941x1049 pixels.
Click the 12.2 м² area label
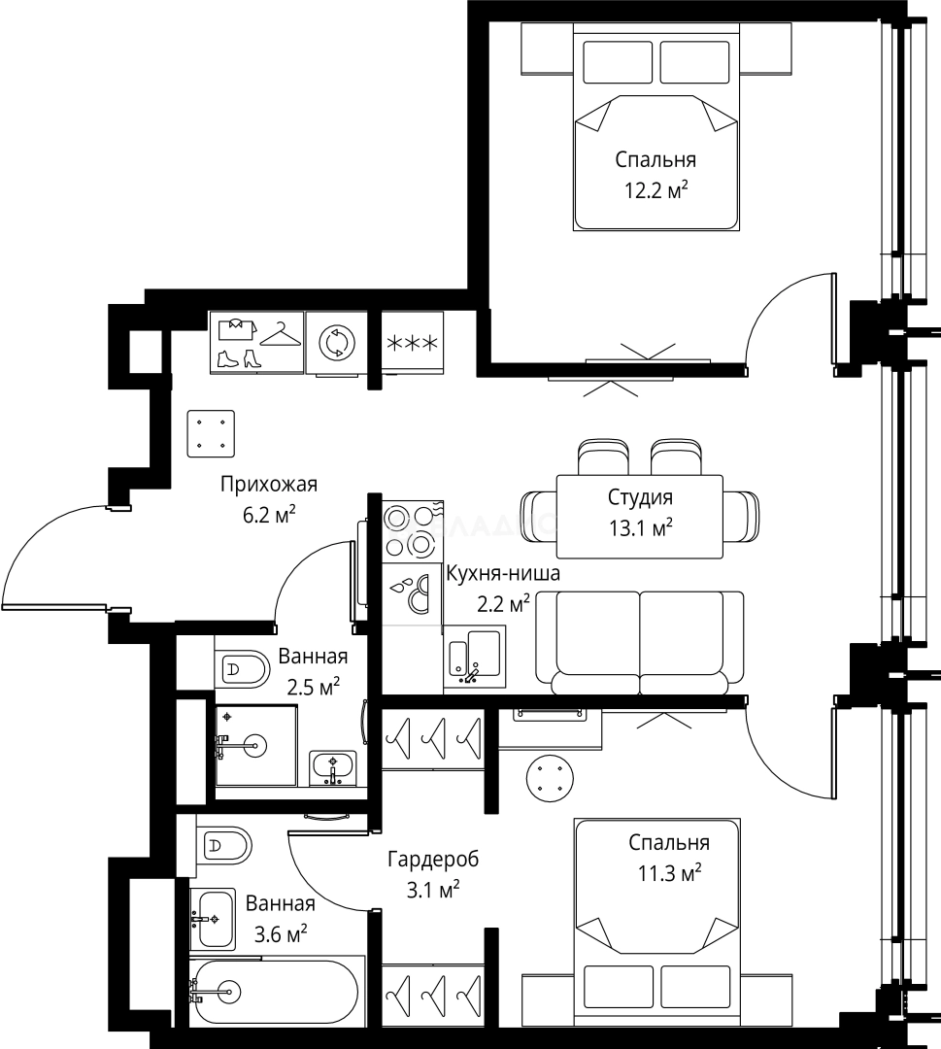pos(656,191)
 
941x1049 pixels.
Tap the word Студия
pos(640,497)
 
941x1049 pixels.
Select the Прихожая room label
pos(269,485)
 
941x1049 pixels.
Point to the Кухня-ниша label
pos(503,574)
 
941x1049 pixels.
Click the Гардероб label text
pos(433,859)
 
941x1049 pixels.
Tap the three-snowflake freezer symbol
pos(413,343)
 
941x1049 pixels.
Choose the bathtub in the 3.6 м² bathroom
pos(277,992)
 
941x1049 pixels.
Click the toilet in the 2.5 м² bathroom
pos(242,667)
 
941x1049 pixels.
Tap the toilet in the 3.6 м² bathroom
pos(224,846)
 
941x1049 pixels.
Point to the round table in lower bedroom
pos(550,777)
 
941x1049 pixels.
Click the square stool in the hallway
pos(211,433)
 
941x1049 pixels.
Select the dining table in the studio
pos(640,517)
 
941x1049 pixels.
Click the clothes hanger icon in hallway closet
pos(281,334)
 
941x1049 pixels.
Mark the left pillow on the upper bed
pos(618,62)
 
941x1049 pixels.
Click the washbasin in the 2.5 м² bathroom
pos(333,768)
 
